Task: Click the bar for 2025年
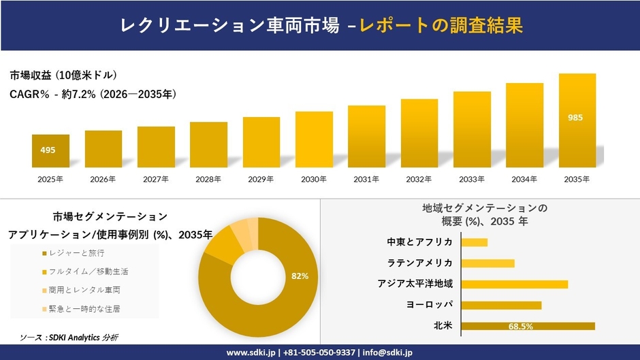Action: click(x=50, y=151)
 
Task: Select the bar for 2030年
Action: click(x=314, y=140)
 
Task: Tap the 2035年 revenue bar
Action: click(x=577, y=120)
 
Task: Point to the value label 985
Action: click(x=575, y=118)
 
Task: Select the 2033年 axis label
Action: click(x=472, y=179)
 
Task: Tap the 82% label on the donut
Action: click(x=300, y=276)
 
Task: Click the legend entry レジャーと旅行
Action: click(x=76, y=253)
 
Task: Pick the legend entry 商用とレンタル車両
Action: click(x=84, y=291)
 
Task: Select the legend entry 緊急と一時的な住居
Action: click(x=84, y=309)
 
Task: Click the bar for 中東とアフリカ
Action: click(x=475, y=242)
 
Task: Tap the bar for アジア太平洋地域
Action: click(x=515, y=284)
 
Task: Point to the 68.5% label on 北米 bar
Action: click(x=520, y=327)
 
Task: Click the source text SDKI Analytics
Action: click(x=76, y=338)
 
